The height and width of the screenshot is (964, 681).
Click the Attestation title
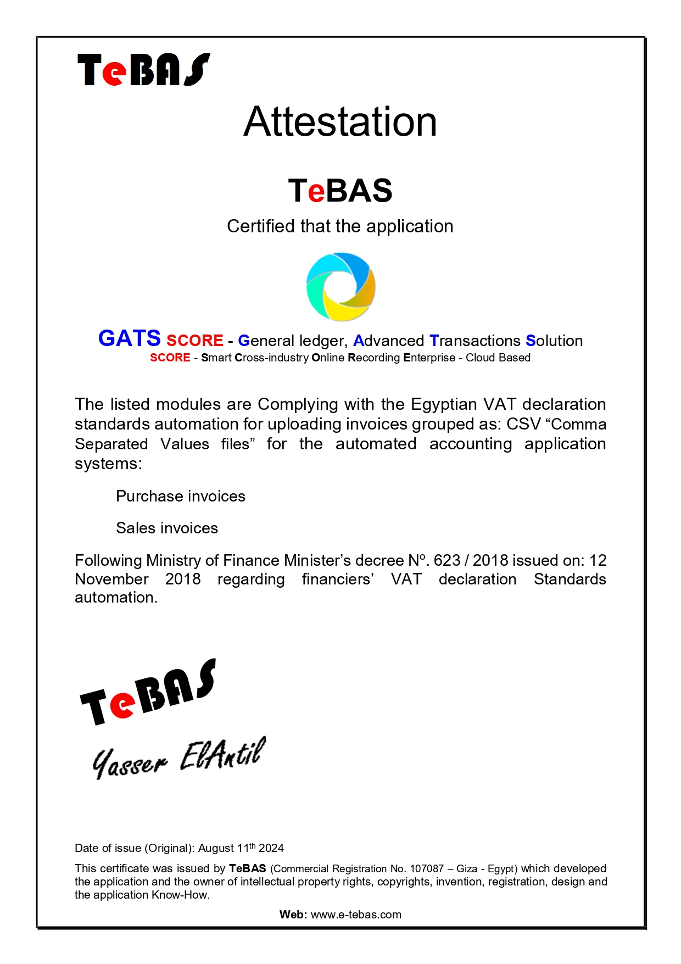coord(340,122)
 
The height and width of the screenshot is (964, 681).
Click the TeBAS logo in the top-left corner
coord(143,70)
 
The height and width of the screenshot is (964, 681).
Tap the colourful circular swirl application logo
coord(340,287)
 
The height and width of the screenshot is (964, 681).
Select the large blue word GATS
coord(129,338)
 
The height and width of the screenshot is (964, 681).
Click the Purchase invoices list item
coord(181,496)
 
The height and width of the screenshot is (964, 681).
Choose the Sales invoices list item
coord(167,528)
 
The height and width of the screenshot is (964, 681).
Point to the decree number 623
coord(446,560)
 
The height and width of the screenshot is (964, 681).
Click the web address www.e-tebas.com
coord(356,915)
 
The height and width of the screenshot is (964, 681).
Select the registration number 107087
coord(427,868)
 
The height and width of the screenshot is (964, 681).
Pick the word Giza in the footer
coord(467,868)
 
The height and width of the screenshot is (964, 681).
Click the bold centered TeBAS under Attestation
coord(340,191)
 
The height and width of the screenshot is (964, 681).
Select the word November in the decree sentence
coord(111,579)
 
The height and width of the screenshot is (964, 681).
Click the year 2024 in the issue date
coord(271,848)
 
